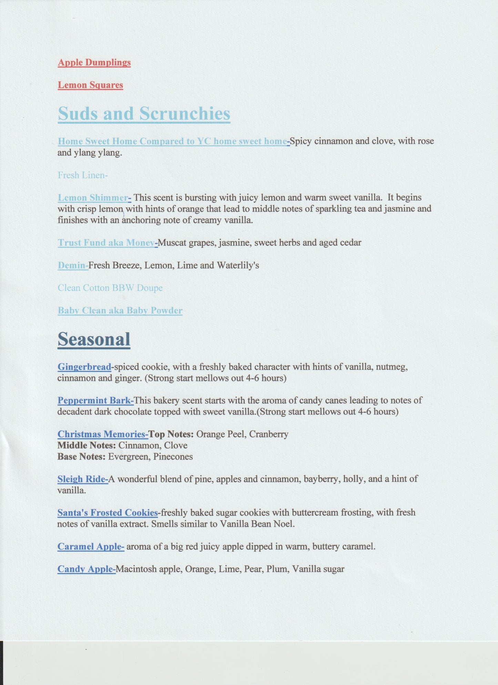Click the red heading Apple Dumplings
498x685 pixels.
point(94,62)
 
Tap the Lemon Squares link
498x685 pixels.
point(90,85)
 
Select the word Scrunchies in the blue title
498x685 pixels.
point(184,113)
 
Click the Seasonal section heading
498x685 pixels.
point(94,339)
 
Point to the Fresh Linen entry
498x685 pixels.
point(82,175)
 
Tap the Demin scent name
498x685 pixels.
point(72,265)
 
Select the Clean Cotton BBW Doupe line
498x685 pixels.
point(110,288)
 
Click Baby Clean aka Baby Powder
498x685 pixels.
point(120,310)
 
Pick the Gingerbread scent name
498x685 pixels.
point(84,367)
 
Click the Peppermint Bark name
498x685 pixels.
point(95,401)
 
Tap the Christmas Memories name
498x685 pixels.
point(102,434)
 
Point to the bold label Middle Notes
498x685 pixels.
point(86,445)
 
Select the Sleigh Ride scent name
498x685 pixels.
point(82,479)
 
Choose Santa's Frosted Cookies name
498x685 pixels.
point(107,513)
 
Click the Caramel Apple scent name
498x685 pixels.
point(90,546)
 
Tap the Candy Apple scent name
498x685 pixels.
point(86,569)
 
